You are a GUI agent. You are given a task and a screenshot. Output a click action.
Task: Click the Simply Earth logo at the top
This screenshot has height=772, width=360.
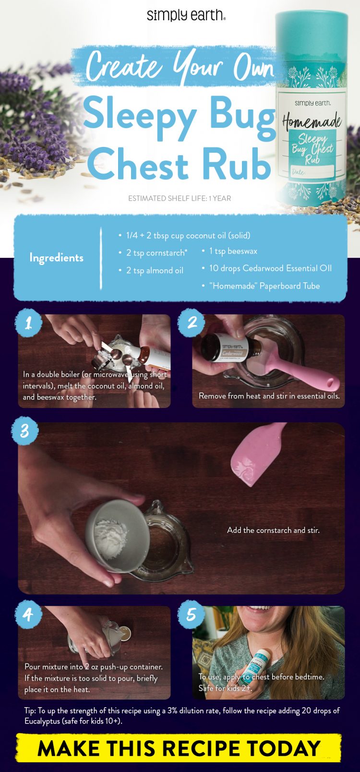(x=186, y=15)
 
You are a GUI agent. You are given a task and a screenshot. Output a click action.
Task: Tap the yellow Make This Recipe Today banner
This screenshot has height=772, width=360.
(x=179, y=748)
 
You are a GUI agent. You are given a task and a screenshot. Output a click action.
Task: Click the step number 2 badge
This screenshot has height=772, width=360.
(x=192, y=322)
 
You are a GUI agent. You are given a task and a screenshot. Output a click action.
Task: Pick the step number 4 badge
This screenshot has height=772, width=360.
(x=28, y=614)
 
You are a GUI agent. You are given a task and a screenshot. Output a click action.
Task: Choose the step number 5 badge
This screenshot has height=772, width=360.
(x=192, y=614)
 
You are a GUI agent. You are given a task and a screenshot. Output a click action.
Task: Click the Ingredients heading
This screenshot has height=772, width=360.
(x=56, y=258)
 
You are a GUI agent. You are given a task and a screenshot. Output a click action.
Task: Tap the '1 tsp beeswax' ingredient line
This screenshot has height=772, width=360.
(x=233, y=251)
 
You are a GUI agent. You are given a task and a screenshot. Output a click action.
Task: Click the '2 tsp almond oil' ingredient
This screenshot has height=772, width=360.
(x=155, y=270)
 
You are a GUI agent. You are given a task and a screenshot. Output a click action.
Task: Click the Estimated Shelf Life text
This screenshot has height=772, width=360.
(x=180, y=198)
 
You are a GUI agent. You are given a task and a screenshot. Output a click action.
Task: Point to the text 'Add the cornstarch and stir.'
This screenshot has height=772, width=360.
(x=273, y=530)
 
